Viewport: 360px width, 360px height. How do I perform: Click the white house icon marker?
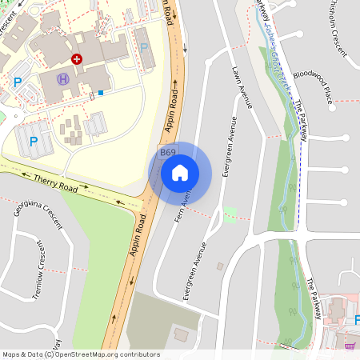click(x=180, y=172)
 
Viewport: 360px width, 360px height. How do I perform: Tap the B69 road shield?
click(x=167, y=153)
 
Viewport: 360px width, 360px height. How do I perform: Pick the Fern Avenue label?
click(x=186, y=198)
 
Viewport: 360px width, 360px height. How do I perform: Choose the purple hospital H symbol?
click(x=62, y=79)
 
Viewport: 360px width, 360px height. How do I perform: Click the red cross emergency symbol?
click(x=77, y=59)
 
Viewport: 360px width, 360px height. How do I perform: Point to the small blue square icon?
click(x=101, y=94)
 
